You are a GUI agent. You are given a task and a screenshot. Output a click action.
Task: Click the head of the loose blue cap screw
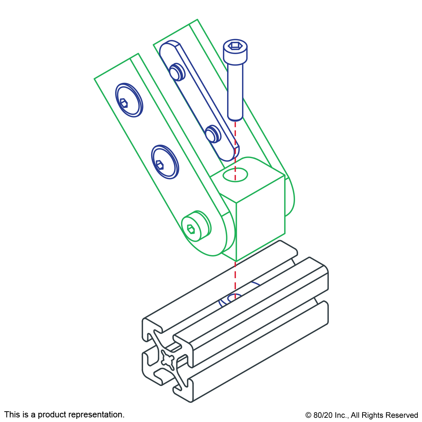[x=235, y=52]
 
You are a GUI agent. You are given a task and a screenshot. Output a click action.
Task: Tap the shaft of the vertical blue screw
[x=235, y=92]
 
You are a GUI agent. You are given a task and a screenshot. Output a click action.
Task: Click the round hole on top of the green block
[x=236, y=175]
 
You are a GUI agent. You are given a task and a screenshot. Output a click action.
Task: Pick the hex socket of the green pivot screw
[x=191, y=229]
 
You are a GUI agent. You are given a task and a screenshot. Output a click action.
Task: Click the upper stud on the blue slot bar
[x=177, y=72]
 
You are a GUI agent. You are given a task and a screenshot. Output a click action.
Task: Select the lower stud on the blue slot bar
[x=212, y=134]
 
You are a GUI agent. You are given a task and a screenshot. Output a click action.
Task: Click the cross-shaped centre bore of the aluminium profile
[x=168, y=359]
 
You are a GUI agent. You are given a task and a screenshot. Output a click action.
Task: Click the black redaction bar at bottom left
[x=64, y=415]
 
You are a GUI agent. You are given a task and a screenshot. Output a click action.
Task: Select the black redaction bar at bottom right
[x=361, y=416]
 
